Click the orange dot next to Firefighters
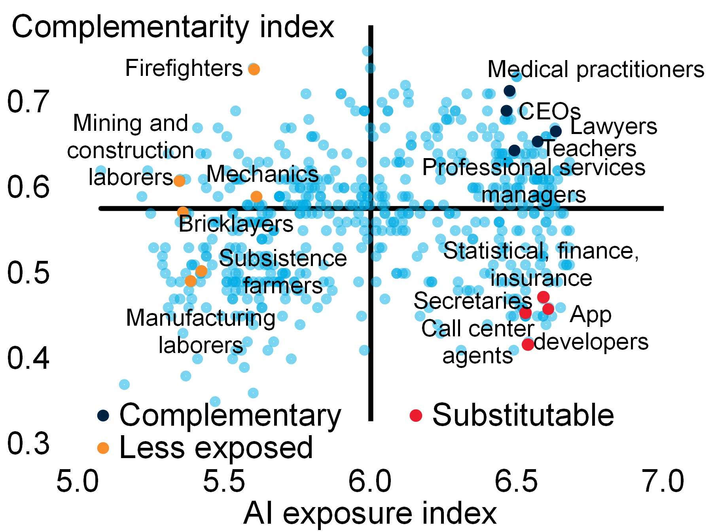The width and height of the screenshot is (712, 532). click(x=254, y=69)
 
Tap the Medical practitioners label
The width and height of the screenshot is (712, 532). click(x=596, y=70)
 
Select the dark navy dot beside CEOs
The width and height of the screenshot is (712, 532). click(x=507, y=111)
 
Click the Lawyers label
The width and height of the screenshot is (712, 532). click(x=614, y=127)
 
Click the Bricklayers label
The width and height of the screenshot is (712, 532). click(x=236, y=224)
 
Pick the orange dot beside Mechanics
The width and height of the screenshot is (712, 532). click(x=256, y=196)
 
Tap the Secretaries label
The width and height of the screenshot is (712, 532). click(x=473, y=301)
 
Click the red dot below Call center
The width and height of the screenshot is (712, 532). click(x=528, y=344)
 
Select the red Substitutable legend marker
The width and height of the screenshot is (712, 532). click(x=416, y=415)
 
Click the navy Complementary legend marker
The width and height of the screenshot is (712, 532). click(x=103, y=415)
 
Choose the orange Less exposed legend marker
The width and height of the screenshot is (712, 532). click(x=103, y=448)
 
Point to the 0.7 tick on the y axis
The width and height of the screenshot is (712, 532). click(x=28, y=102)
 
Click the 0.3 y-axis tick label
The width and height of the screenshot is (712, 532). click(x=28, y=443)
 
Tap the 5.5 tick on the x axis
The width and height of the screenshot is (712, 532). click(x=224, y=482)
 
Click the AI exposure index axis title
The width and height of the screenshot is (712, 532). click(x=370, y=513)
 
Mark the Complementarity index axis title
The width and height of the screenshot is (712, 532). click(x=173, y=27)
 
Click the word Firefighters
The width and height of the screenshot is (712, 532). click(x=184, y=68)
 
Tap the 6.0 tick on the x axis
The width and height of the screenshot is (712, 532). click(x=370, y=482)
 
